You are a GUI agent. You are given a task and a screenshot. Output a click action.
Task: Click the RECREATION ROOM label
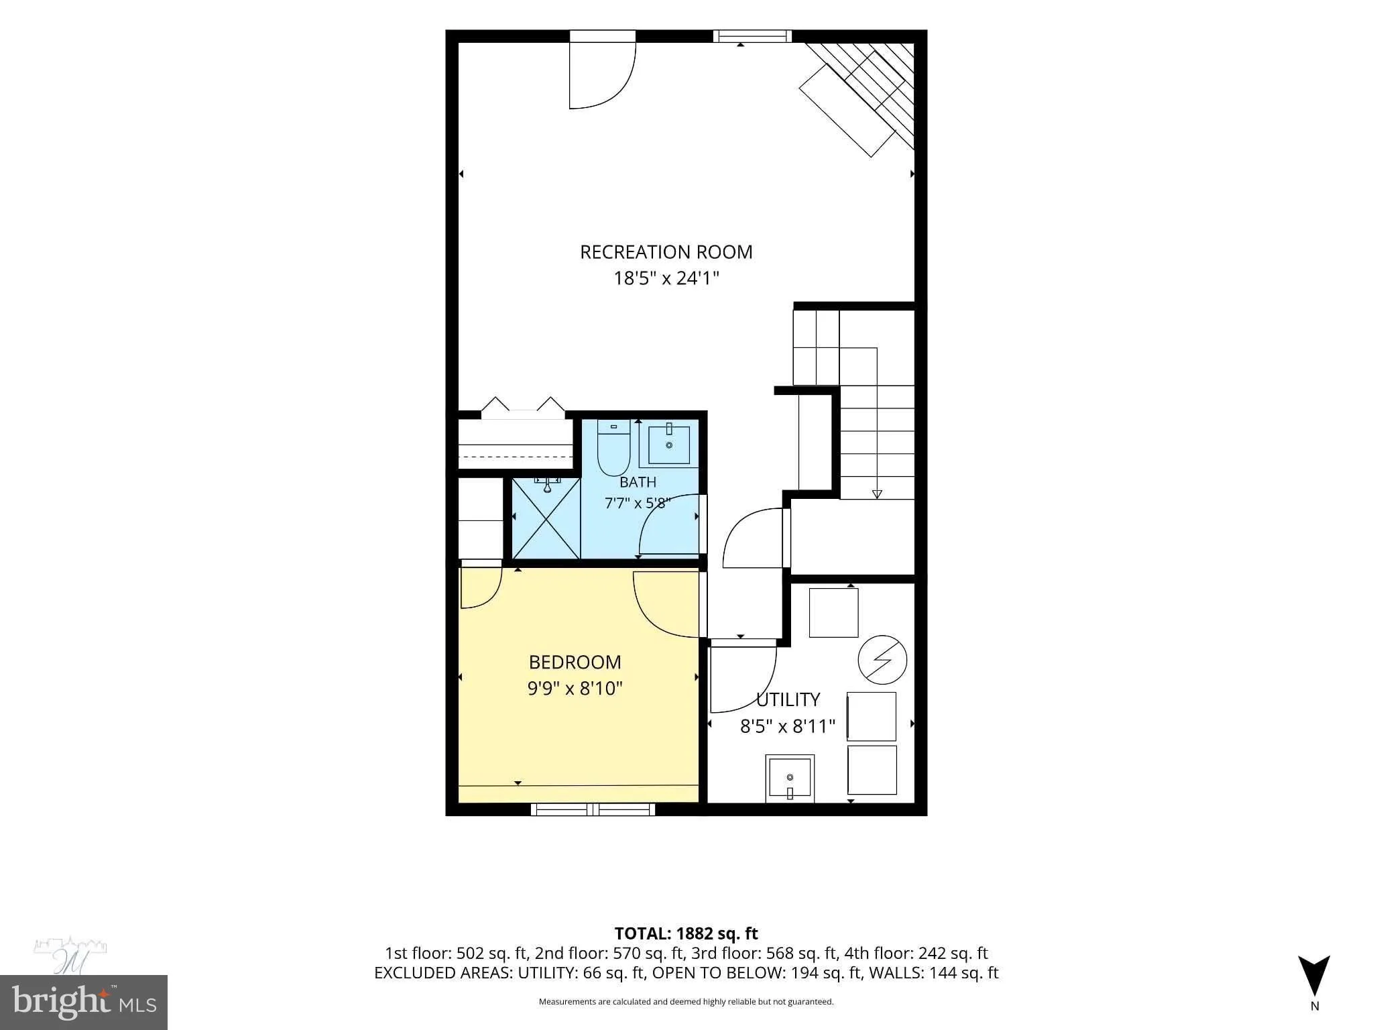(x=666, y=252)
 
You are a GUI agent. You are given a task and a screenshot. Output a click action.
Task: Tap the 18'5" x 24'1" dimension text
(x=666, y=278)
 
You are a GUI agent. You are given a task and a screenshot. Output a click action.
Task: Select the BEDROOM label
(x=575, y=663)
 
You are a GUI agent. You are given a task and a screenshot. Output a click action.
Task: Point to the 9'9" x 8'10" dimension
(x=575, y=689)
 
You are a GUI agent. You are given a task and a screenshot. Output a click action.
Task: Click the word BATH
(x=638, y=482)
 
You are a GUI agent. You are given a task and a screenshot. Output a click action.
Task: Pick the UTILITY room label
(x=788, y=700)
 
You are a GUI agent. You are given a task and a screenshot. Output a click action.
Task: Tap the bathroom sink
(x=668, y=445)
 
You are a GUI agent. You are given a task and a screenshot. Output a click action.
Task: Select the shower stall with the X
(x=546, y=518)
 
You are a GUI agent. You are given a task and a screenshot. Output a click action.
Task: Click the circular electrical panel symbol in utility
(x=882, y=659)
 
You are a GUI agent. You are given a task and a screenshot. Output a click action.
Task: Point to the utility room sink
(x=790, y=779)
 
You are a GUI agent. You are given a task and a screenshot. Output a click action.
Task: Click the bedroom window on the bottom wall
(x=593, y=809)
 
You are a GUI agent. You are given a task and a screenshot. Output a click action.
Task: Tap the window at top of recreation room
(x=752, y=36)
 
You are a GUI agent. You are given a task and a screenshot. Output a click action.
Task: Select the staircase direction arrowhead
(x=877, y=495)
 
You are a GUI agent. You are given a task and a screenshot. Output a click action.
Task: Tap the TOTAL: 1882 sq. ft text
(x=686, y=933)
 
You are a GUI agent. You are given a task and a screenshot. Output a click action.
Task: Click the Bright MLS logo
(x=84, y=1003)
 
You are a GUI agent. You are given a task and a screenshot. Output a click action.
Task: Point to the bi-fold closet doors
(x=523, y=408)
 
